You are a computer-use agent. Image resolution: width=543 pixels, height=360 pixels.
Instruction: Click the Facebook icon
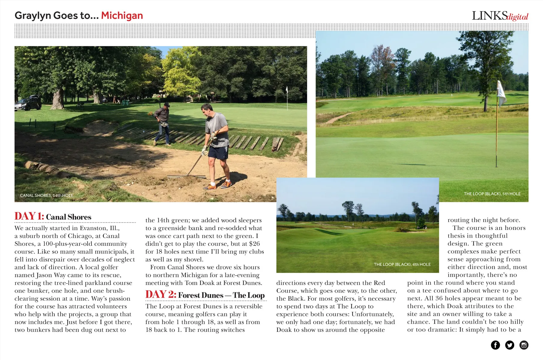tap(495, 345)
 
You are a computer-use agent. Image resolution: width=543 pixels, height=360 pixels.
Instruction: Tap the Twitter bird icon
tap(509, 345)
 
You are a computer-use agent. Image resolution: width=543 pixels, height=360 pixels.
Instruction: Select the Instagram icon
tap(524, 345)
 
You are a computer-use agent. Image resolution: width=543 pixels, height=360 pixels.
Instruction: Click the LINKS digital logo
tap(500, 16)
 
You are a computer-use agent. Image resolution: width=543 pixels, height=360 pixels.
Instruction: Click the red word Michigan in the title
tap(122, 16)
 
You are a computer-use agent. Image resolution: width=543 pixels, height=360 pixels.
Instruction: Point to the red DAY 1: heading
tap(29, 216)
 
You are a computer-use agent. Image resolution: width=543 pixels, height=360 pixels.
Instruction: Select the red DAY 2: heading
tap(161, 295)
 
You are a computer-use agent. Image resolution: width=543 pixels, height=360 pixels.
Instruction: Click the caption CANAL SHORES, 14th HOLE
tap(46, 195)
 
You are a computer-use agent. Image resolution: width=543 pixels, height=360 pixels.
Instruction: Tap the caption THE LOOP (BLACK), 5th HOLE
tap(492, 194)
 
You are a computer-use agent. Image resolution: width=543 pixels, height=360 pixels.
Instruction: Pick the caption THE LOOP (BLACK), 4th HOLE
tap(402, 264)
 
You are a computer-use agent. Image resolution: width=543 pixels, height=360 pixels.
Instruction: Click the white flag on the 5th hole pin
tap(501, 93)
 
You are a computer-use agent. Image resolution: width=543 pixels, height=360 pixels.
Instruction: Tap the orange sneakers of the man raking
tap(218, 185)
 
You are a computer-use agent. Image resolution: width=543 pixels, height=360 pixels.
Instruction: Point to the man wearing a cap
tap(163, 123)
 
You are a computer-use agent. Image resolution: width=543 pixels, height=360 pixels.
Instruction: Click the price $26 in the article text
tap(254, 244)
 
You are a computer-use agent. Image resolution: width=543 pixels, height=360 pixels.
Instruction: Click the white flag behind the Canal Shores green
tap(287, 90)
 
